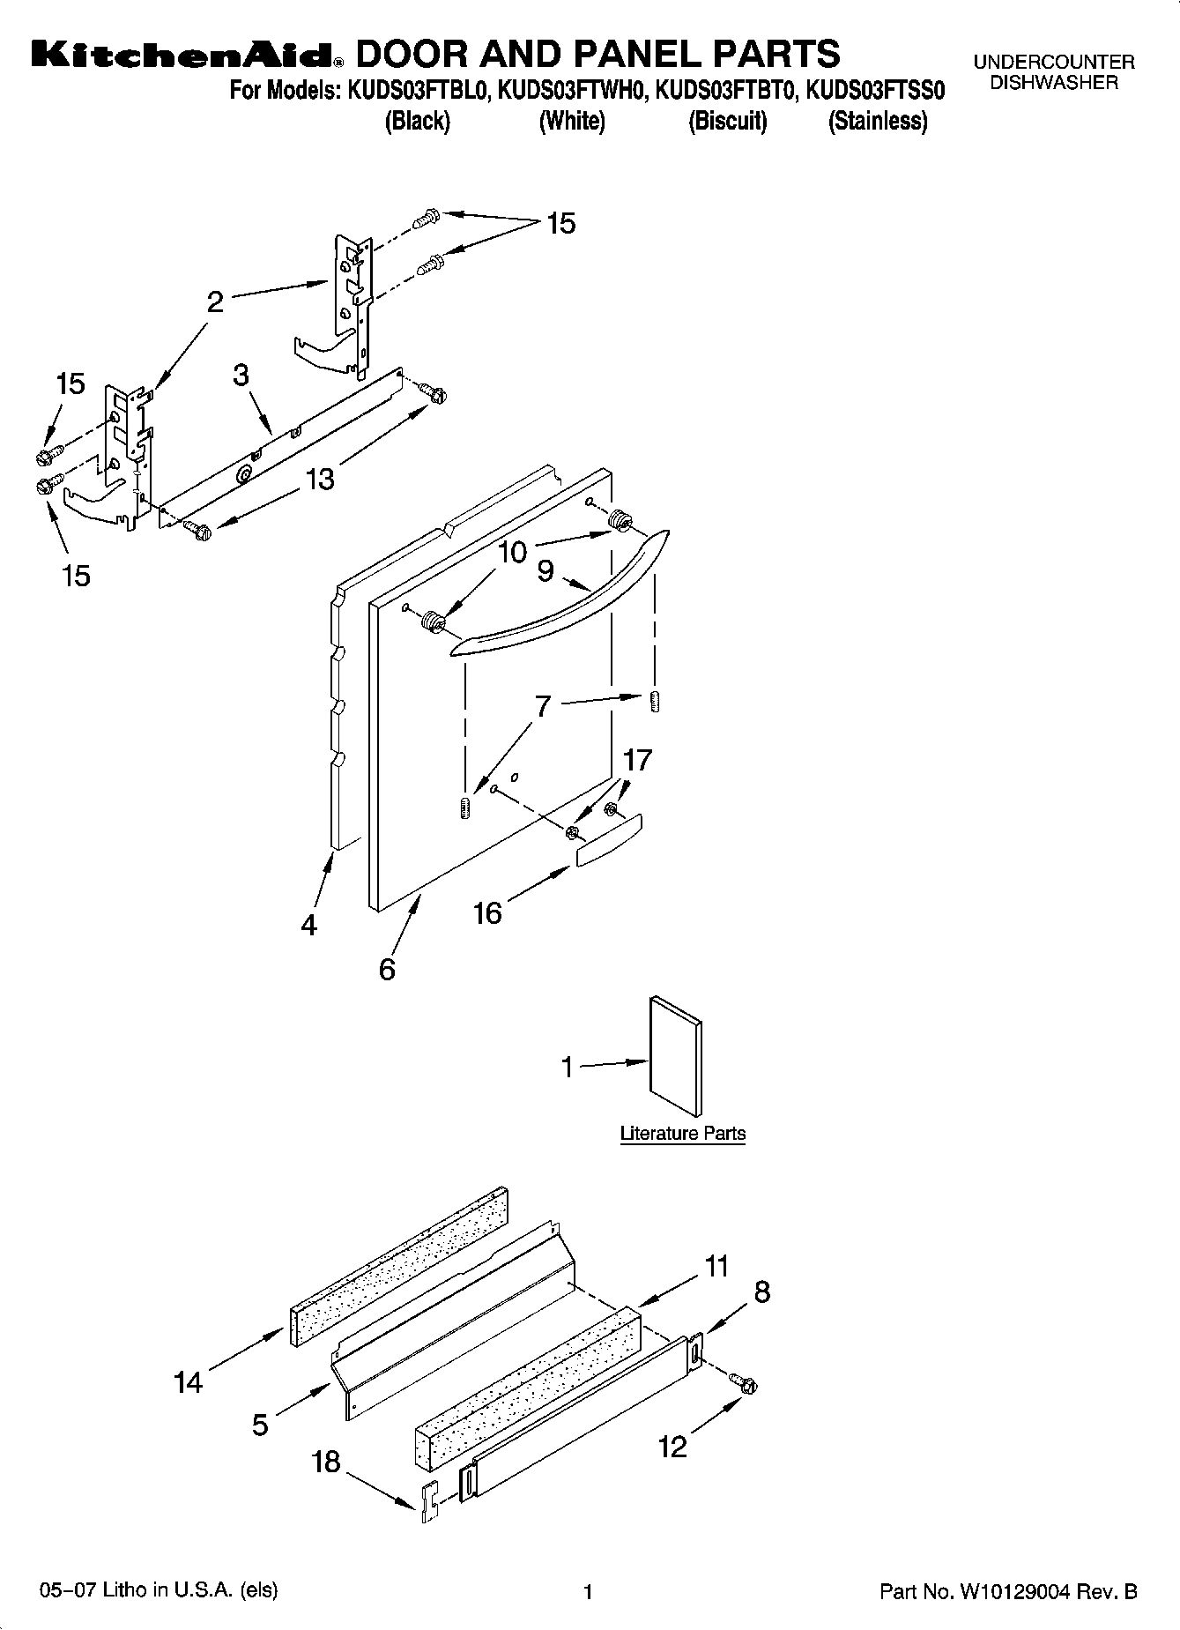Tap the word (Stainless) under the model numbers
coord(877,122)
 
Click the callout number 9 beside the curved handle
coord(545,571)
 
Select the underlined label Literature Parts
coord(682,1134)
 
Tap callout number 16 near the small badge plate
coord(487,912)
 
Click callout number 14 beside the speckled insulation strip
coord(188,1381)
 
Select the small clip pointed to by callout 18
coord(429,1501)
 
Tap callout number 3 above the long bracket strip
coord(241,375)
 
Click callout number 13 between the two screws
coord(320,480)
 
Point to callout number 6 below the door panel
coord(387,970)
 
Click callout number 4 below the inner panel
coord(308,925)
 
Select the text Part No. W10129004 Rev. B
coord(1008,1592)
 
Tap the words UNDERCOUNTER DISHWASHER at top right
coord(1053,72)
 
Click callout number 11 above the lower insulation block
coord(716,1267)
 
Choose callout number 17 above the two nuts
coord(636,759)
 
